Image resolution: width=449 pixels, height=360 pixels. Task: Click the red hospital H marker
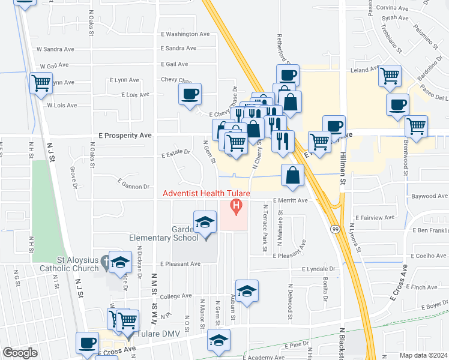(236, 208)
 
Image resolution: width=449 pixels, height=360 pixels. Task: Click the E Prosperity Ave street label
(121, 136)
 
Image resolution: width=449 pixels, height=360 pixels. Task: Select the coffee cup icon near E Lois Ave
(190, 94)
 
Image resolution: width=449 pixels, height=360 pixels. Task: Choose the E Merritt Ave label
(290, 200)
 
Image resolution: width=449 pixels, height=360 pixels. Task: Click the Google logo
(20, 353)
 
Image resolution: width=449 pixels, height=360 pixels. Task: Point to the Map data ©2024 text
(423, 355)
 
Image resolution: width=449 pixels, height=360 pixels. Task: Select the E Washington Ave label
(185, 34)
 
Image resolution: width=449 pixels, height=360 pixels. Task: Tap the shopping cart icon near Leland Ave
(390, 76)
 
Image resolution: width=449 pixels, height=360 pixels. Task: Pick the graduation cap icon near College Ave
(246, 291)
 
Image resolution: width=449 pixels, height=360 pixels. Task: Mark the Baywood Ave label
(429, 196)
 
